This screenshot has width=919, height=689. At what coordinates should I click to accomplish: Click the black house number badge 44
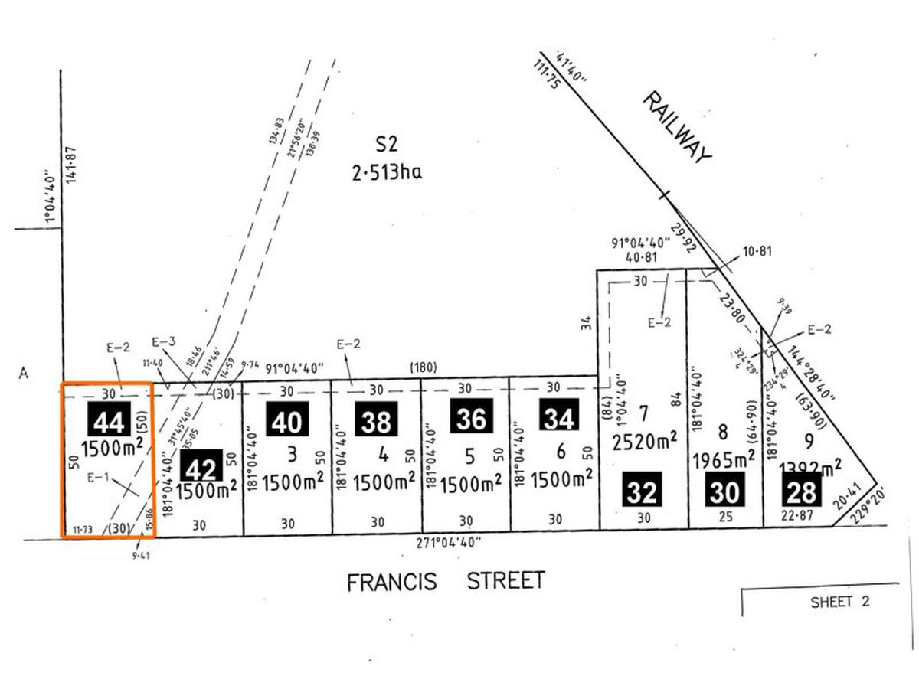click(110, 420)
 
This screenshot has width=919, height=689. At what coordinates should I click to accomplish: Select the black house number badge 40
click(288, 420)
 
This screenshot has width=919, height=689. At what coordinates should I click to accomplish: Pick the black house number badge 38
click(377, 420)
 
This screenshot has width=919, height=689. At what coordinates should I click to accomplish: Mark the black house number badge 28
click(800, 491)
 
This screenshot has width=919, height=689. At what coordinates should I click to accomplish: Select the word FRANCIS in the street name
click(391, 582)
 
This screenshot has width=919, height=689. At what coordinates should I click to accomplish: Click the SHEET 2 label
click(840, 602)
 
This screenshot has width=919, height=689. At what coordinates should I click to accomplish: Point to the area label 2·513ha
click(387, 173)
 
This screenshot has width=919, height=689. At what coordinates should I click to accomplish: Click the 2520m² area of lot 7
click(644, 439)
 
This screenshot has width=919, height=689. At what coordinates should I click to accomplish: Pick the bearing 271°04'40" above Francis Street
click(449, 543)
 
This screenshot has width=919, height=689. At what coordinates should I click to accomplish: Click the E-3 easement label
click(164, 342)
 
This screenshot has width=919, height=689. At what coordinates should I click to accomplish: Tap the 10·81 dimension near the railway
click(757, 250)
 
